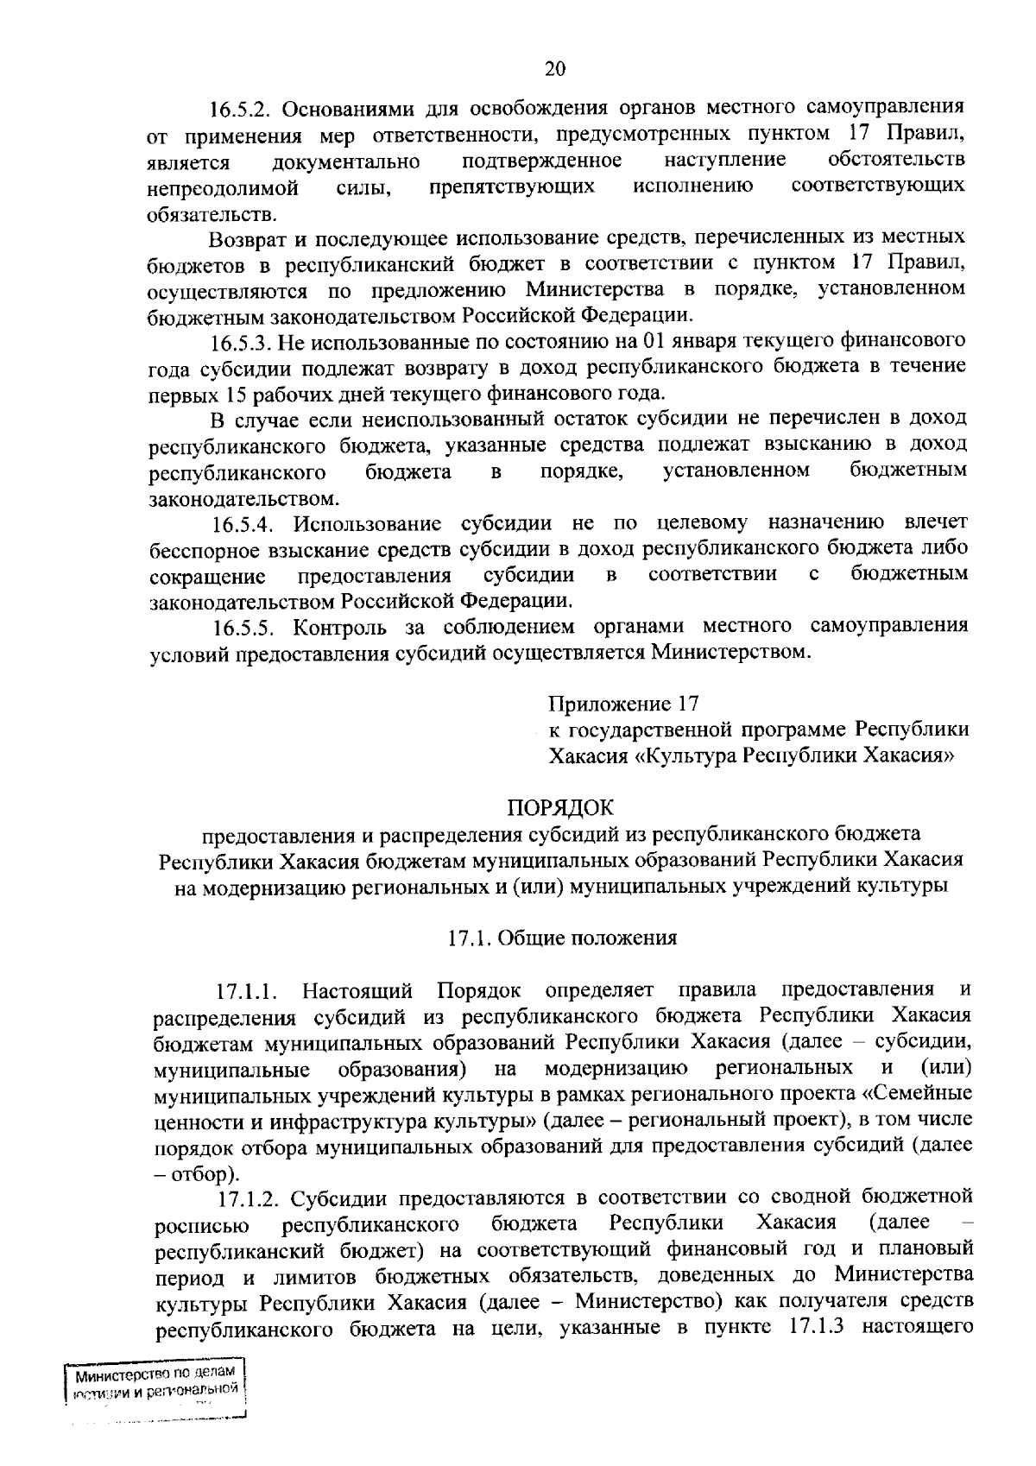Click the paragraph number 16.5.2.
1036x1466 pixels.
tap(242, 110)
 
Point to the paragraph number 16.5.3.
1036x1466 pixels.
tap(243, 342)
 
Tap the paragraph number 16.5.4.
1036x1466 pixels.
tap(244, 524)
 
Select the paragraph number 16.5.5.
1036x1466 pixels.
tap(244, 627)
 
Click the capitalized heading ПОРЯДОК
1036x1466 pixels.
tap(560, 808)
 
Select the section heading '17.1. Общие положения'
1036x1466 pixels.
tap(561, 938)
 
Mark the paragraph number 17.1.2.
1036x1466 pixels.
tap(251, 1198)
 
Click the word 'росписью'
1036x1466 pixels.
tap(201, 1225)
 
